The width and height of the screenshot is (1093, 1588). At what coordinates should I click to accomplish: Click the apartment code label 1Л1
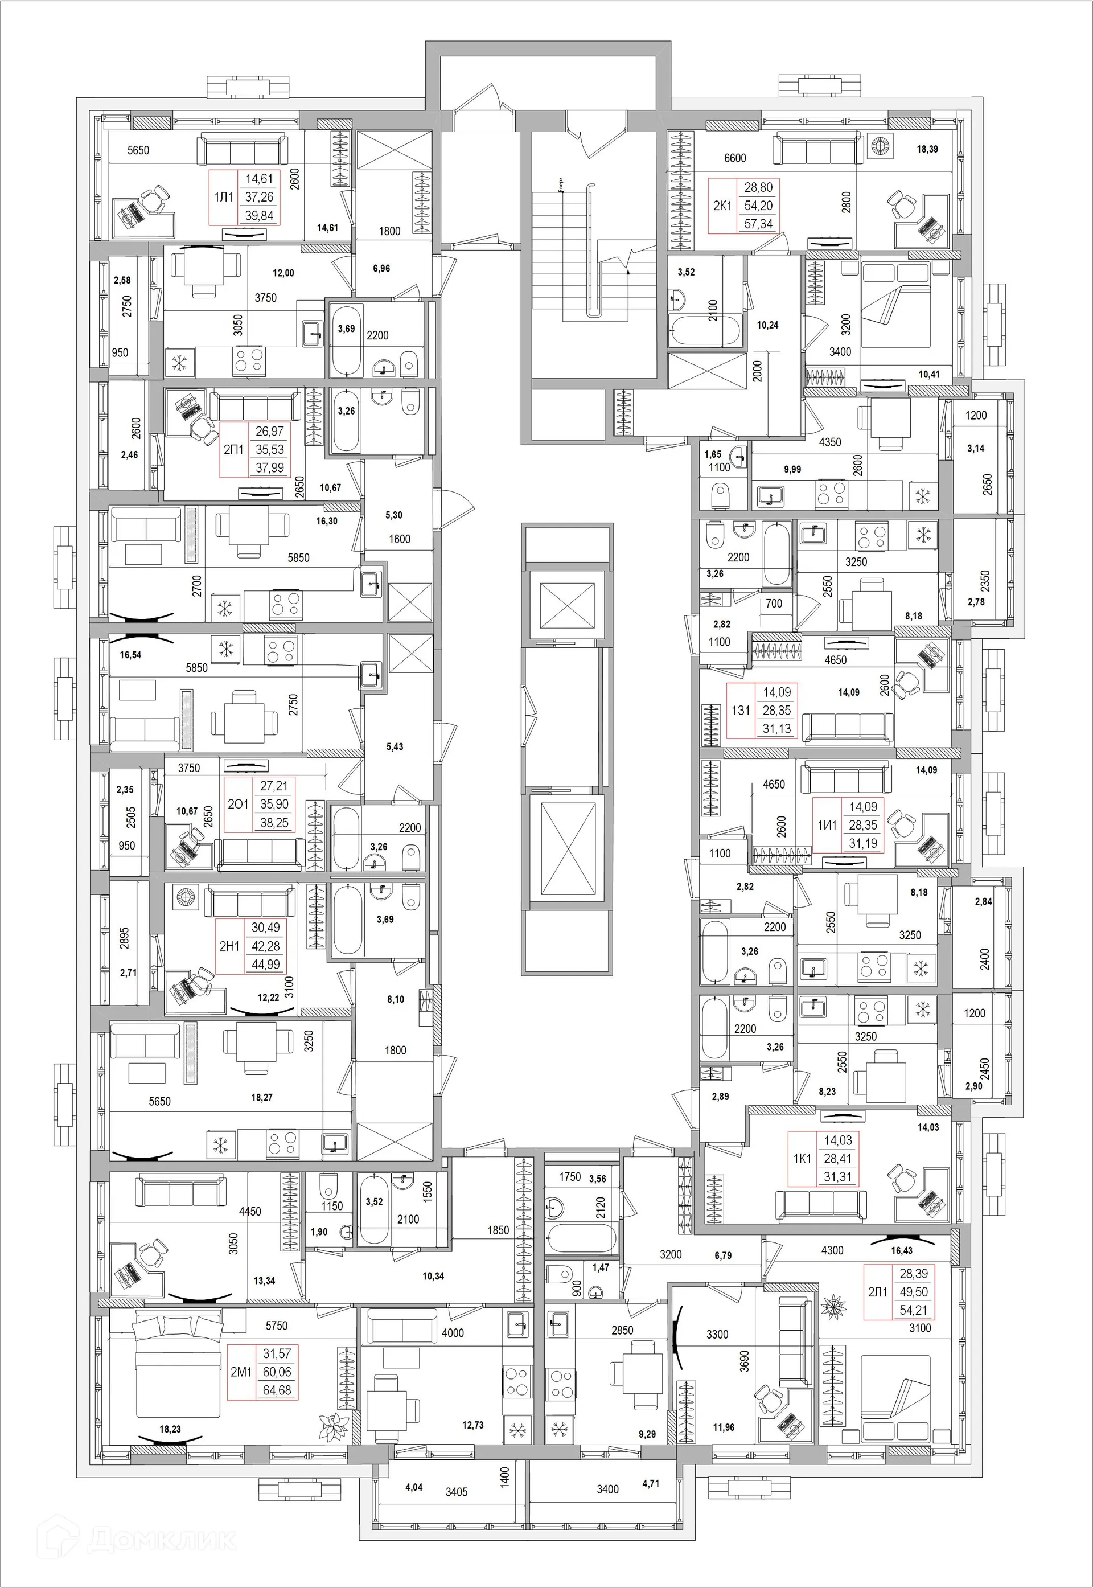223,197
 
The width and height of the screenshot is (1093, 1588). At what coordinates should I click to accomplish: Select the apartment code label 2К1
722,205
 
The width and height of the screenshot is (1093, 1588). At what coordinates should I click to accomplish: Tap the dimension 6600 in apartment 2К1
735,158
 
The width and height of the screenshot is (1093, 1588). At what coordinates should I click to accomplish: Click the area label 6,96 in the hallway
381,268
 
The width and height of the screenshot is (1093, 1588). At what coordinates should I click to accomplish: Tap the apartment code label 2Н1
229,946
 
